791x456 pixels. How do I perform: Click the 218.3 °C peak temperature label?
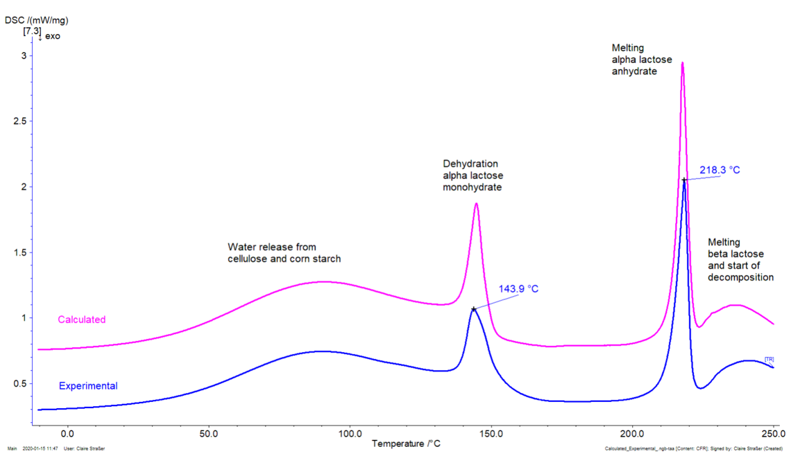point(720,169)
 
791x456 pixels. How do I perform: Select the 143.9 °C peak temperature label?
point(518,289)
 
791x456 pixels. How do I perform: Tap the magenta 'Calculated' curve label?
point(82,319)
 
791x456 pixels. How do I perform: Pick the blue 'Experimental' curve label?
point(88,386)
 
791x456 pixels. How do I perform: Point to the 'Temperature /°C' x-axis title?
point(406,443)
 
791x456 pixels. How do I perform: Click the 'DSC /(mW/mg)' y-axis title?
point(36,20)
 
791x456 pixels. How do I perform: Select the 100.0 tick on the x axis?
point(350,435)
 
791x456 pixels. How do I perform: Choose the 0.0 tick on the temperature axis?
point(67,435)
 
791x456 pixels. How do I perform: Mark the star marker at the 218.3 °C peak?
point(683,180)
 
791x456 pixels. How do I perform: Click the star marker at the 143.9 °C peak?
point(474,309)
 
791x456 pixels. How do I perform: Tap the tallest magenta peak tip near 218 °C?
point(682,63)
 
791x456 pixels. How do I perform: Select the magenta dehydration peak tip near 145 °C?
point(476,203)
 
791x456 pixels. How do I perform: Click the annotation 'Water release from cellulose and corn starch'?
point(284,252)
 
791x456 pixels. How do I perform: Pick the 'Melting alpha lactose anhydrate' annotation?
point(642,59)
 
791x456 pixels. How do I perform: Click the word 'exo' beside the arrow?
point(53,36)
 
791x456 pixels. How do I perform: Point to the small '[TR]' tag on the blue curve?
point(769,358)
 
